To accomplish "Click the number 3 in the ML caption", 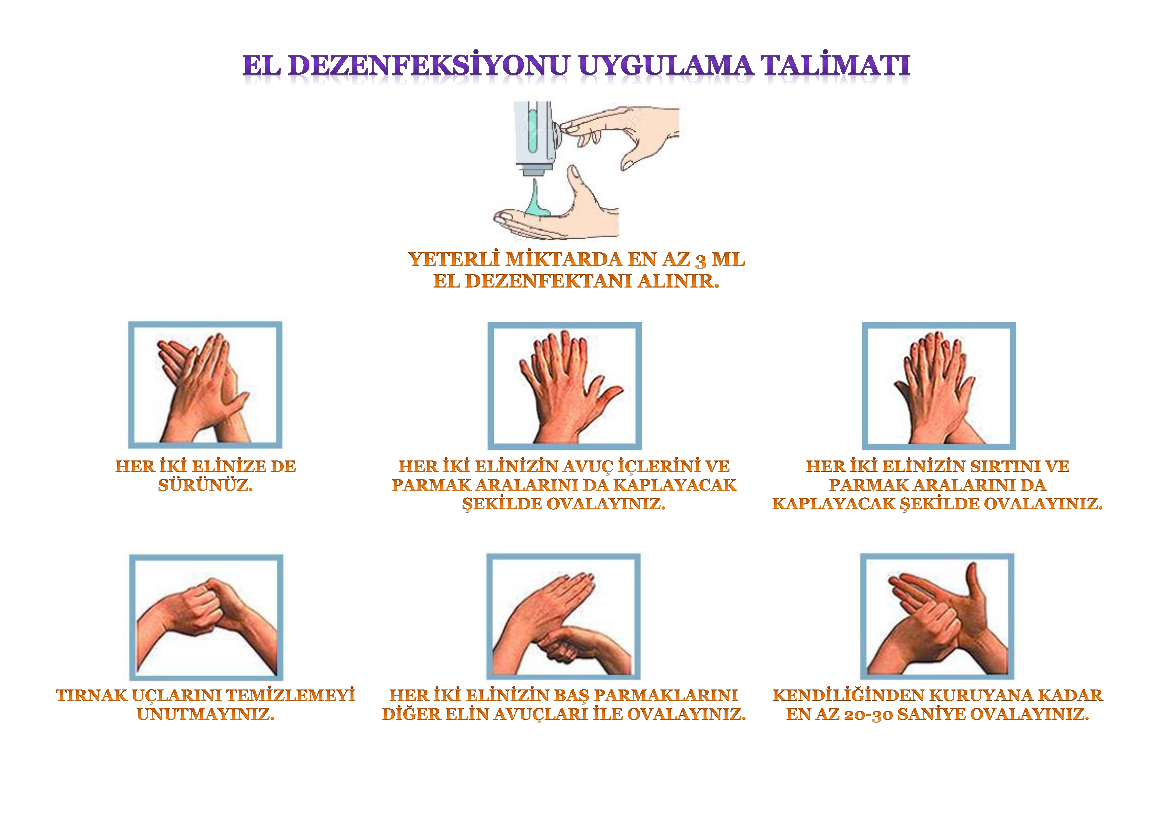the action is pyautogui.click(x=701, y=261).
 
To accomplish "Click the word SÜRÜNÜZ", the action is pyautogui.click(x=205, y=485).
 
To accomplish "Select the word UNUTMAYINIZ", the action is pyautogui.click(x=205, y=714).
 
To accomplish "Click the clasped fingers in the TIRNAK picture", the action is pyautogui.click(x=208, y=603).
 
